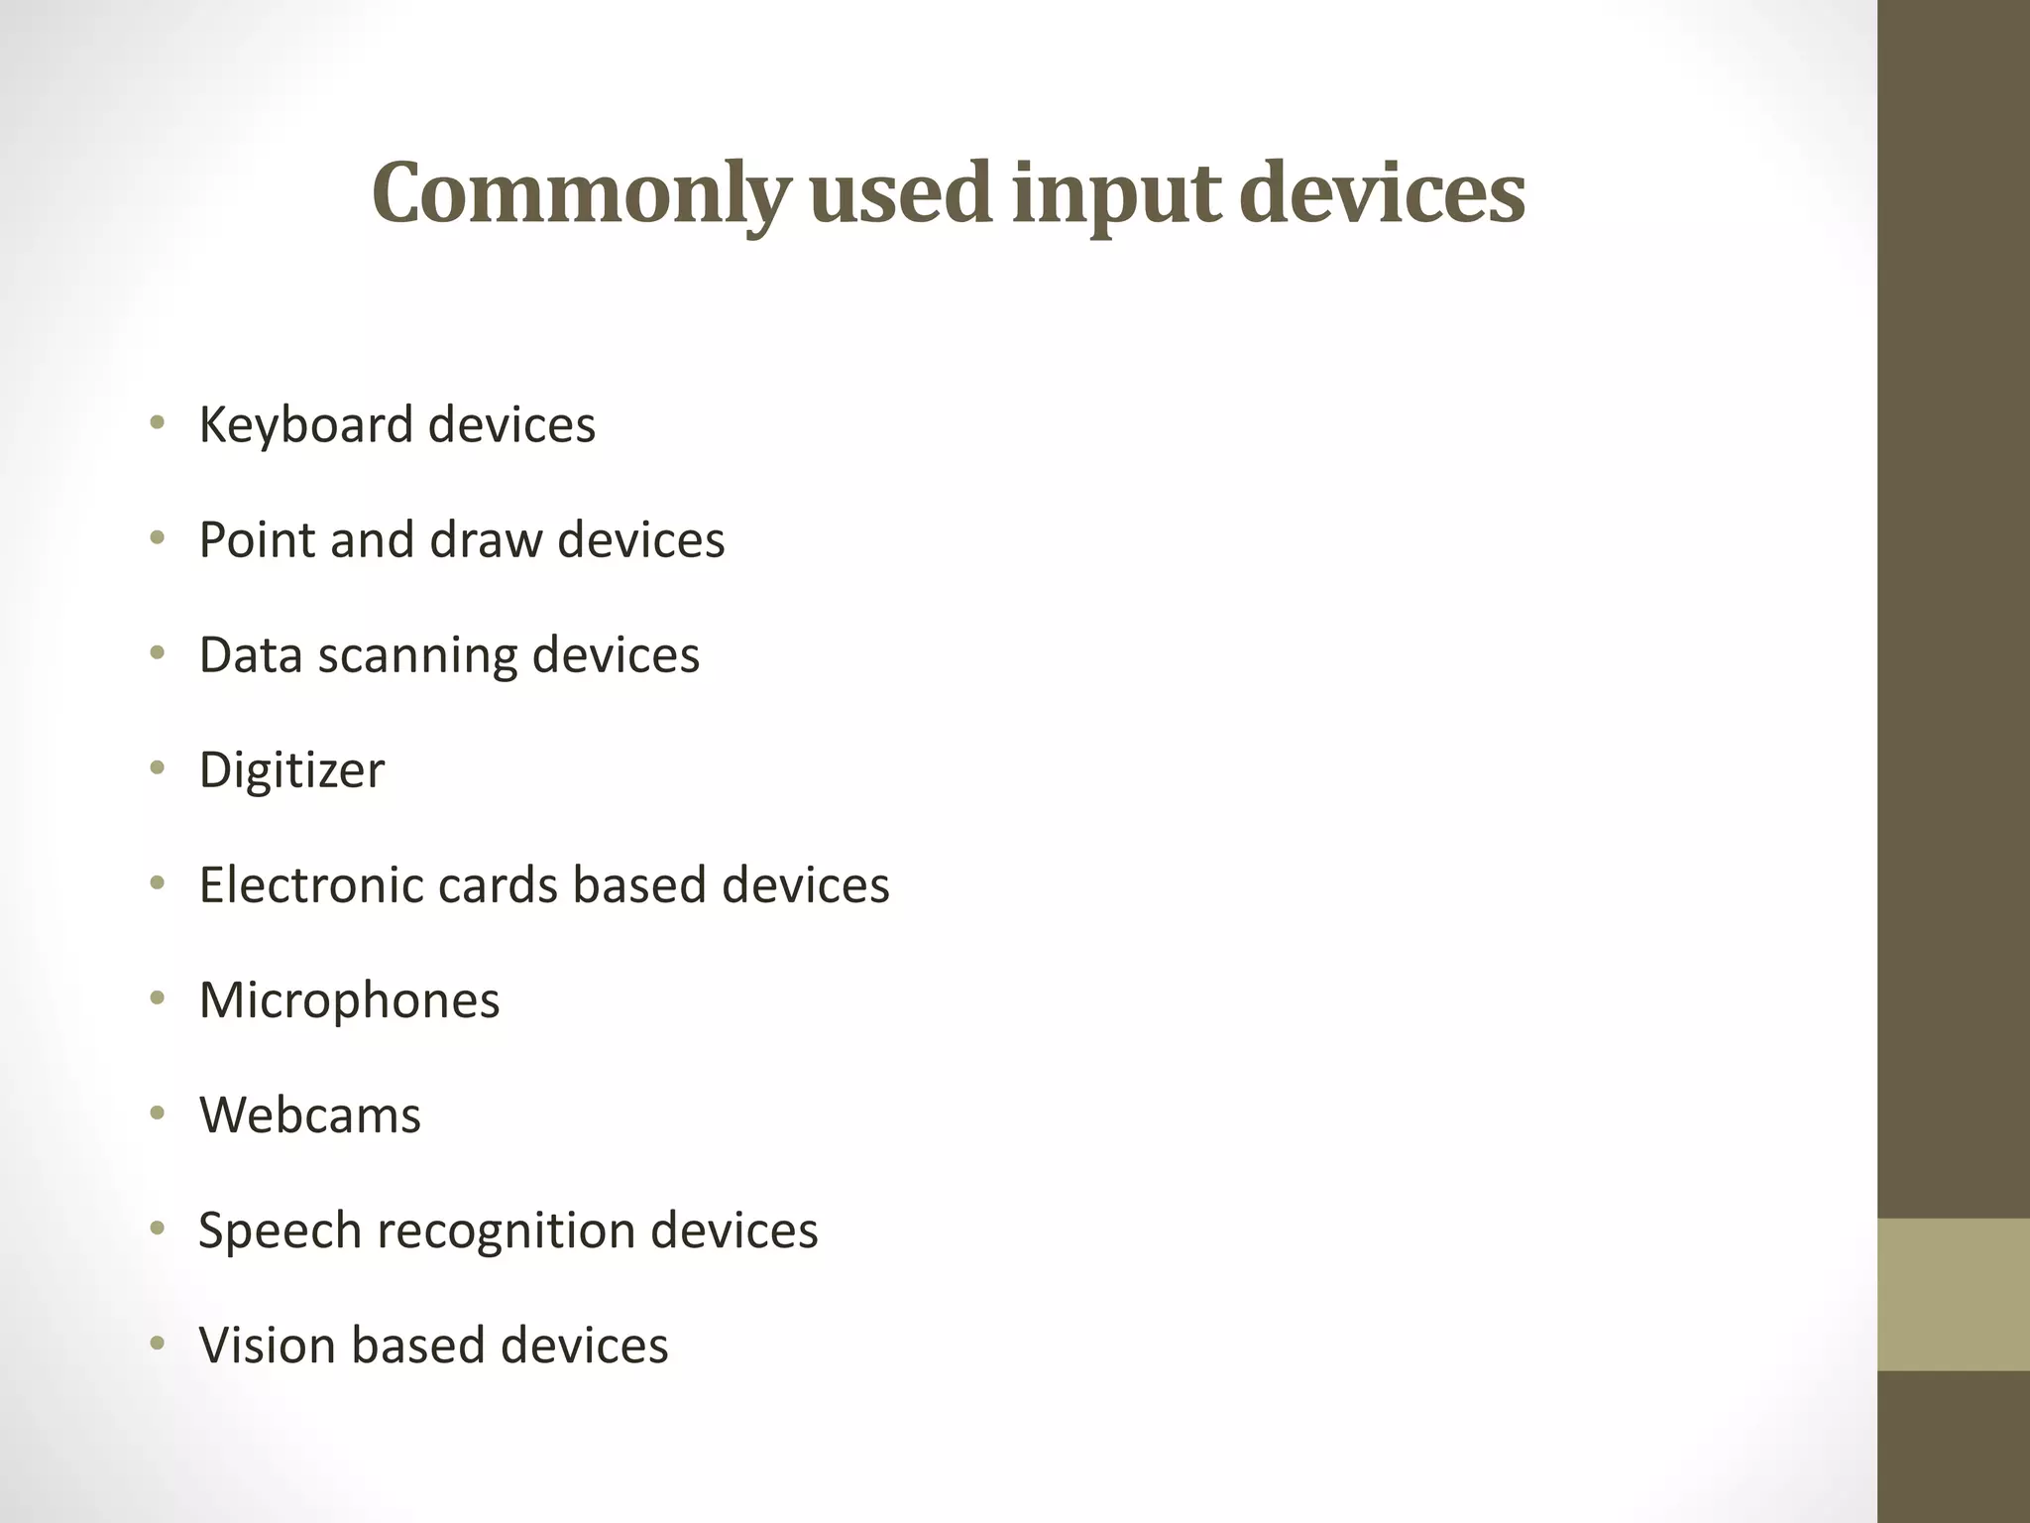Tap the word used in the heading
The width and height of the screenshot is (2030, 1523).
[900, 193]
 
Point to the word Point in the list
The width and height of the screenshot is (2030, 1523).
[256, 540]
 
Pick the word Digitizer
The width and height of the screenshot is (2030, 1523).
[291, 770]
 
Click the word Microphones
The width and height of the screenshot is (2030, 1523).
[349, 1000]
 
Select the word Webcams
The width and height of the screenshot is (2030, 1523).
[309, 1115]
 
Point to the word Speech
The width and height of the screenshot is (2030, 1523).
[281, 1231]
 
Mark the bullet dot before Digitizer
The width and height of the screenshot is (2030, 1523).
[157, 768]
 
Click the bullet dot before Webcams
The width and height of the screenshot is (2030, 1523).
[157, 1113]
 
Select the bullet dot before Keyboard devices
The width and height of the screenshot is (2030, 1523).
[157, 423]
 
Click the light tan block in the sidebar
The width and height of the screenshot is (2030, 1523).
[1953, 1294]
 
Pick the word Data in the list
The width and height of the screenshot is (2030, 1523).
[250, 655]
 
